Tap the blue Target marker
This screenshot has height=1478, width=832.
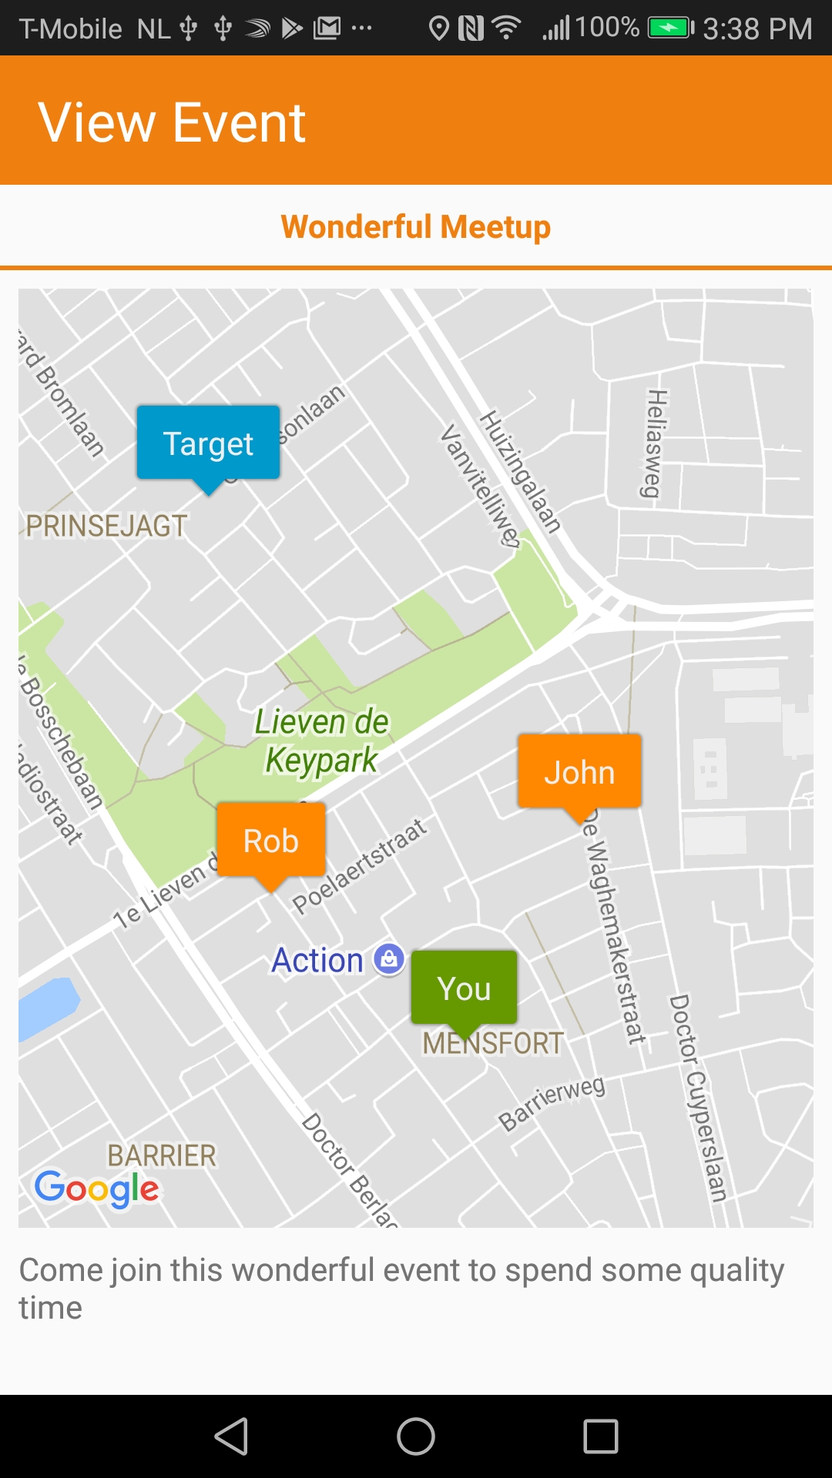[208, 443]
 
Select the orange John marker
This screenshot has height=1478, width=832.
[579, 772]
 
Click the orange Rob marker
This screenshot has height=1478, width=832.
[271, 841]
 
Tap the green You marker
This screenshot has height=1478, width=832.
[464, 988]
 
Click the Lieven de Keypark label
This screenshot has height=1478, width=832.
[322, 741]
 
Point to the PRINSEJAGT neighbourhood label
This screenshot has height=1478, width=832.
[106, 527]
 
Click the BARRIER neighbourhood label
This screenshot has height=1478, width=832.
[162, 1155]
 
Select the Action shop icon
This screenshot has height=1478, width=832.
[389, 959]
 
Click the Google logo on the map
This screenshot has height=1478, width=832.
[97, 1189]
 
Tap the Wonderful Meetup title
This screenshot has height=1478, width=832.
[416, 227]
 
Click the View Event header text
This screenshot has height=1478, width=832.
[173, 122]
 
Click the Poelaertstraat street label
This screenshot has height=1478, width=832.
[360, 866]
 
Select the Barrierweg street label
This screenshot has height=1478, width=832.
[552, 1103]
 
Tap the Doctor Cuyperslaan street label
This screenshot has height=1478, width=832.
[698, 1098]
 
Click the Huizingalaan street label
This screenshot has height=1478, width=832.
[520, 471]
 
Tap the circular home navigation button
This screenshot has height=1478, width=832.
[416, 1436]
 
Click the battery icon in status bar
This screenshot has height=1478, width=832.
[670, 28]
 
